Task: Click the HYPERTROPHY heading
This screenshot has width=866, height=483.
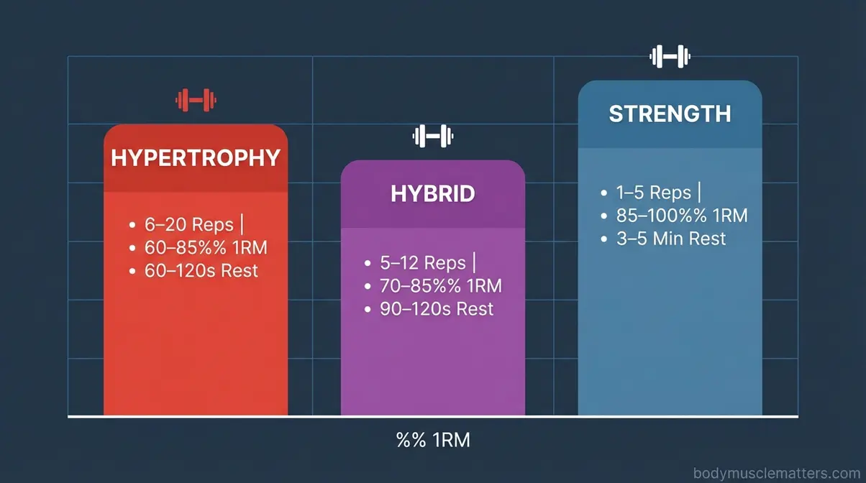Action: coord(196,158)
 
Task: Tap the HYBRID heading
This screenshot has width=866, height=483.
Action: coord(432,193)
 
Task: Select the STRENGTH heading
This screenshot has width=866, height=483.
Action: coord(670,114)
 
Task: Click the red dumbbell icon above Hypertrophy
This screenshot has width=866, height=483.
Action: coord(196,99)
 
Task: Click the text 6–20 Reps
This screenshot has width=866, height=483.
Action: coord(188,224)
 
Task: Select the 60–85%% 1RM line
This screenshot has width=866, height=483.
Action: coord(206,248)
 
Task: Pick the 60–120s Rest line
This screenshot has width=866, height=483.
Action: coord(201,271)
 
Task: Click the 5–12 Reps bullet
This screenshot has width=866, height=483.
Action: coord(424,262)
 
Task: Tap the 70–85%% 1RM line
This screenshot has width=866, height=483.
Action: coord(440,286)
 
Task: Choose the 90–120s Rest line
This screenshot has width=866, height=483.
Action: coord(437,309)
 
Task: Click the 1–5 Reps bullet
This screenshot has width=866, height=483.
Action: coord(653,193)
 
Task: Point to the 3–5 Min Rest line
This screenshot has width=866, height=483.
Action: coord(671,239)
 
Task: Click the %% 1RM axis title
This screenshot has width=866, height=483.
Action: coord(432,440)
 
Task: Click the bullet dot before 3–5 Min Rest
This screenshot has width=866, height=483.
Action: coord(604,239)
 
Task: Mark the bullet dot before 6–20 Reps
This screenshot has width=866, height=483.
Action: coord(132,225)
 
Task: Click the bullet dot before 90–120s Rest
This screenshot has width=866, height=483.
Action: coord(368,310)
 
